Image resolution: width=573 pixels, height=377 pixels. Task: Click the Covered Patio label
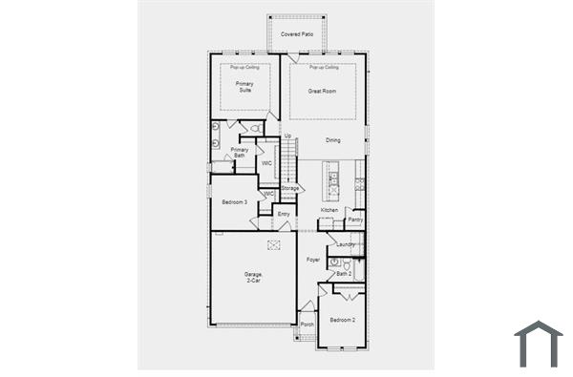pyautogui.click(x=297, y=34)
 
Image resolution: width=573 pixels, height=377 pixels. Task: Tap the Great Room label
pyautogui.click(x=322, y=92)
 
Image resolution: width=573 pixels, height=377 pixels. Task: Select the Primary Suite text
pyautogui.click(x=244, y=87)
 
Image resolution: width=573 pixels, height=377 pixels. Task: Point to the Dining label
pyautogui.click(x=332, y=140)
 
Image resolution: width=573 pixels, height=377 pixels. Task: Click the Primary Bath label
pyautogui.click(x=240, y=152)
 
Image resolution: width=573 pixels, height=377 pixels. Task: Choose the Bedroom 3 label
pyautogui.click(x=234, y=202)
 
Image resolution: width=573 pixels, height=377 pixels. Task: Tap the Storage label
pyautogui.click(x=290, y=188)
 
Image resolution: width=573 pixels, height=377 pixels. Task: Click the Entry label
pyautogui.click(x=283, y=215)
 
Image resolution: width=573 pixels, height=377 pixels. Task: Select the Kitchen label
pyautogui.click(x=329, y=210)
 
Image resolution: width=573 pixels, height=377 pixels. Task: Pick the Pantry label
pyautogui.click(x=355, y=220)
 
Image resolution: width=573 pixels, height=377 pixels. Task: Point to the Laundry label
pyautogui.click(x=345, y=244)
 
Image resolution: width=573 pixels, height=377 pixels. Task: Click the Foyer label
pyautogui.click(x=312, y=260)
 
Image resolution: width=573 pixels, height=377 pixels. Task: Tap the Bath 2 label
pyautogui.click(x=344, y=274)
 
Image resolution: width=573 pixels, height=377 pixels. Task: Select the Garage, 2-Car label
pyautogui.click(x=253, y=278)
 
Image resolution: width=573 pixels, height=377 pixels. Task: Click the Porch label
pyautogui.click(x=307, y=325)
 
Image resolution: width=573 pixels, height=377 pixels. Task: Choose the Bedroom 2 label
pyautogui.click(x=343, y=320)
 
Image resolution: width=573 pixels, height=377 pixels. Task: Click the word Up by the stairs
pyautogui.click(x=287, y=136)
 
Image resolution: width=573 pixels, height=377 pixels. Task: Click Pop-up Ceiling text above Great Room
pyautogui.click(x=324, y=68)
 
